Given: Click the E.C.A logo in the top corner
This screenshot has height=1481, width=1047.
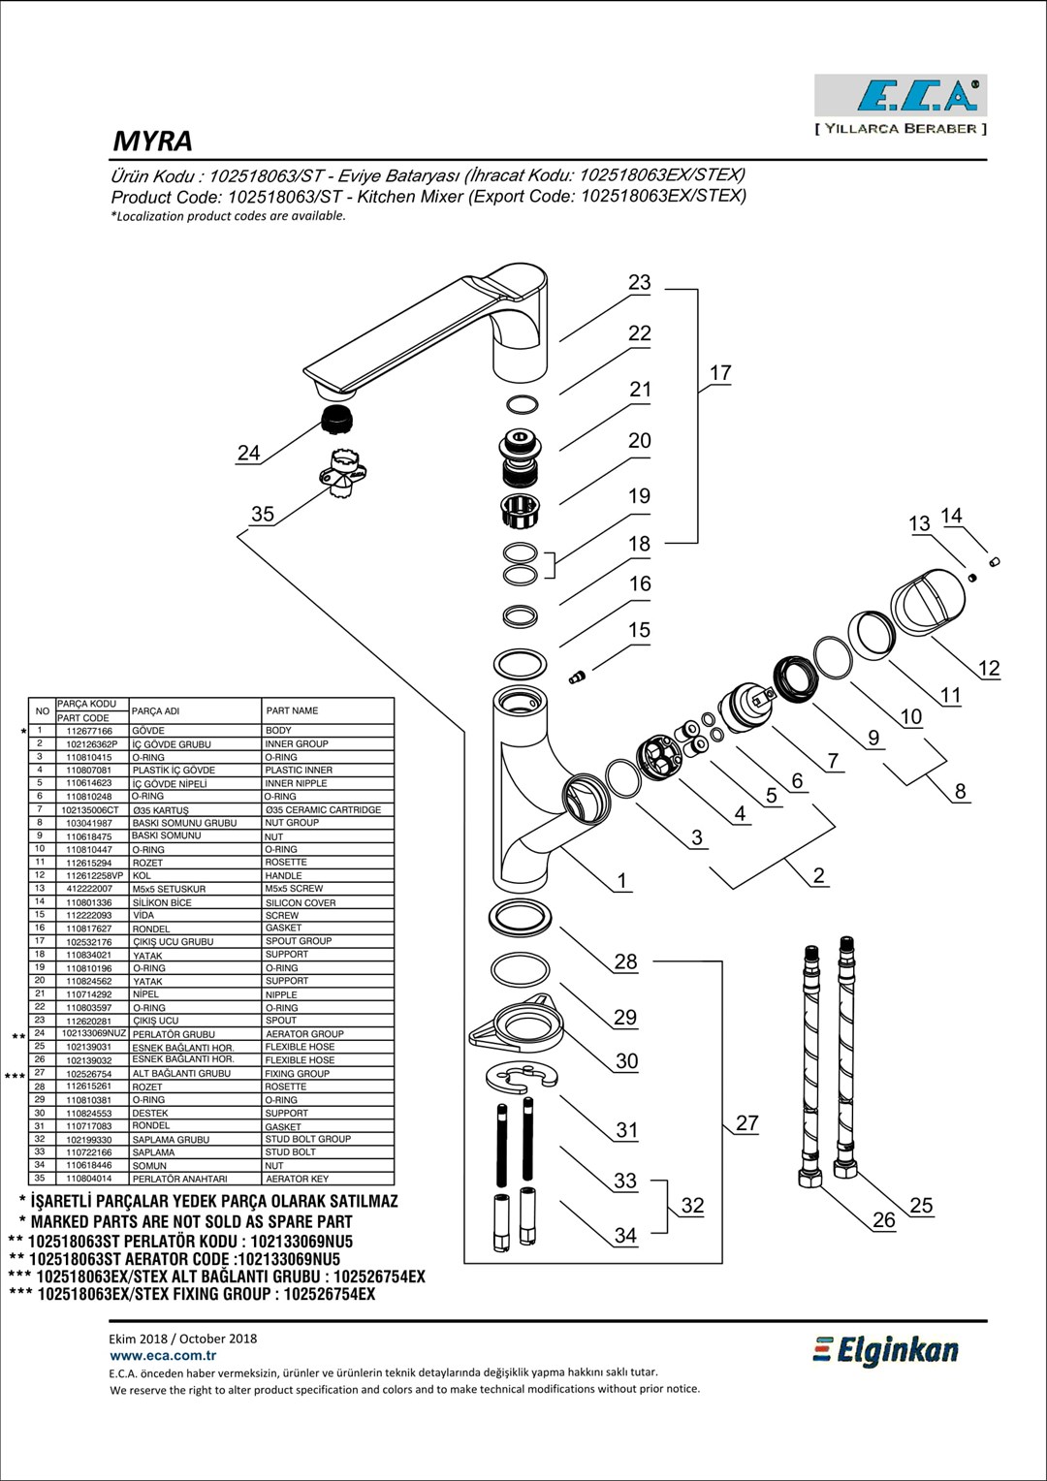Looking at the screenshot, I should [x=901, y=96].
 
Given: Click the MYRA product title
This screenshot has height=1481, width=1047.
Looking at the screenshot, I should [x=153, y=142].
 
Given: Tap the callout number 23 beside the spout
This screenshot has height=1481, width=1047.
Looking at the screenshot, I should [x=639, y=282].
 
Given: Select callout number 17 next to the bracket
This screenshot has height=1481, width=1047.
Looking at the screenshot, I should [x=720, y=373].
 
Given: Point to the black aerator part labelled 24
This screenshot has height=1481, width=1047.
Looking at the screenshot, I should [x=336, y=421].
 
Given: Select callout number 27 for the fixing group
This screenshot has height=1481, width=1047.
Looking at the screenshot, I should [x=746, y=1123].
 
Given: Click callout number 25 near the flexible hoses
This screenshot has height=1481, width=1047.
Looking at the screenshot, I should [x=921, y=1206].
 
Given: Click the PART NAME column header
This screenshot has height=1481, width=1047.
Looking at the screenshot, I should [x=292, y=710].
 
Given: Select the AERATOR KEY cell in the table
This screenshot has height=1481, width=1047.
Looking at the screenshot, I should [x=297, y=1179].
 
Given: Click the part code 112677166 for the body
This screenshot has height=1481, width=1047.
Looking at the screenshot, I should [x=89, y=731].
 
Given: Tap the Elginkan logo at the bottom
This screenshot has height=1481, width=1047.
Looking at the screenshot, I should [x=885, y=1350].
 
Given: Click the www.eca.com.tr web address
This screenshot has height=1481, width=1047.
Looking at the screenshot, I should [x=163, y=1356].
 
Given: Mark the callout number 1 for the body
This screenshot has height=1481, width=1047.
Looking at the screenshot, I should [x=622, y=881].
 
